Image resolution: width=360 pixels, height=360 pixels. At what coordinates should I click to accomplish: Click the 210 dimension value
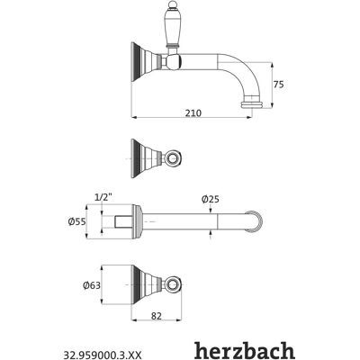[x=193, y=113]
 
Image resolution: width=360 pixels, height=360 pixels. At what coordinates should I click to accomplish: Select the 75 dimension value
[x=278, y=85]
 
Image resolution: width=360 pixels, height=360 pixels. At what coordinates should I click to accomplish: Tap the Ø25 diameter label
[x=211, y=199]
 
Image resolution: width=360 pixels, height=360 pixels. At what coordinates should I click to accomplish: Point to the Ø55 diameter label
[x=77, y=221]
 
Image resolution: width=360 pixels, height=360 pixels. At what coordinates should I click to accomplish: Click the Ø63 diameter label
[x=92, y=285]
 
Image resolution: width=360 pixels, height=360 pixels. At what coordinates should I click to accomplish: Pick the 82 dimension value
[x=157, y=316]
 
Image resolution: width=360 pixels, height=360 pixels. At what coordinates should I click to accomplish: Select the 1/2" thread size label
[x=103, y=197]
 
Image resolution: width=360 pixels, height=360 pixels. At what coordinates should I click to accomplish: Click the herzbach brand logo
[x=244, y=350]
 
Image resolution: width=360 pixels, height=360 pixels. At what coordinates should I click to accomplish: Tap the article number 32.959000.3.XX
[x=102, y=355]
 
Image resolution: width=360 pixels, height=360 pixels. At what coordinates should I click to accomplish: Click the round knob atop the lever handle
[x=172, y=5]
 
